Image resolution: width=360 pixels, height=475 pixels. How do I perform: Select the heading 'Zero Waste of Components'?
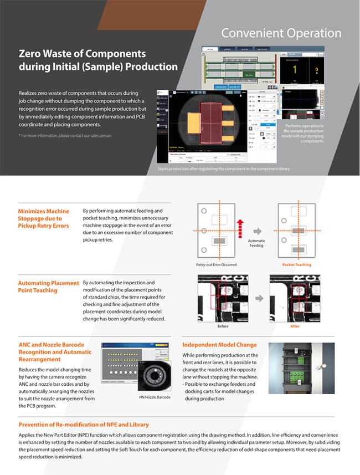pyautogui.click(x=83, y=54)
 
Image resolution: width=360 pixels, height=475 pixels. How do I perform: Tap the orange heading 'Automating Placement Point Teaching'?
pyautogui.click(x=48, y=287)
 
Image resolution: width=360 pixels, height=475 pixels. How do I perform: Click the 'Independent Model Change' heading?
pyautogui.click(x=219, y=345)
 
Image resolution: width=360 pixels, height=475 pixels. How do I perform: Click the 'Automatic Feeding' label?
pyautogui.click(x=256, y=243)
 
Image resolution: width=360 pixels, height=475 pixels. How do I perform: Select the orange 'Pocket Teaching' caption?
pyautogui.click(x=297, y=264)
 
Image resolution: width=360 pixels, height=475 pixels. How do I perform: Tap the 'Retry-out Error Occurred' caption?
pyautogui.click(x=219, y=264)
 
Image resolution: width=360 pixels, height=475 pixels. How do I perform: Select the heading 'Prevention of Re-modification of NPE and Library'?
pyautogui.click(x=84, y=425)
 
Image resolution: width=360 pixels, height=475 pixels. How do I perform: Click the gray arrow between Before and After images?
pyautogui.click(x=258, y=299)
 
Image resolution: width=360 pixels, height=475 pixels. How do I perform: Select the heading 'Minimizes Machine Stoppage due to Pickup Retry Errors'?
pyautogui.click(x=44, y=219)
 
